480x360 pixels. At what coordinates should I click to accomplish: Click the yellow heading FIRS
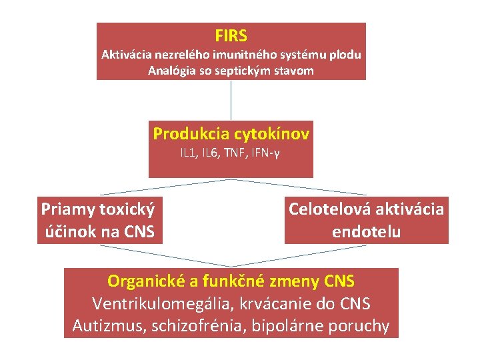click(x=231, y=35)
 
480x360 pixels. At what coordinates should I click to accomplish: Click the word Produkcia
click(x=191, y=134)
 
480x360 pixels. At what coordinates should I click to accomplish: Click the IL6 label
click(x=210, y=153)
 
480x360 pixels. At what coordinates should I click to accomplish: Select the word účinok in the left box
click(x=65, y=232)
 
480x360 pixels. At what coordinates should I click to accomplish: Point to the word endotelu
click(x=366, y=232)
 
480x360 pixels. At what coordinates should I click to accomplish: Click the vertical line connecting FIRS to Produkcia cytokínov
click(x=231, y=101)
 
